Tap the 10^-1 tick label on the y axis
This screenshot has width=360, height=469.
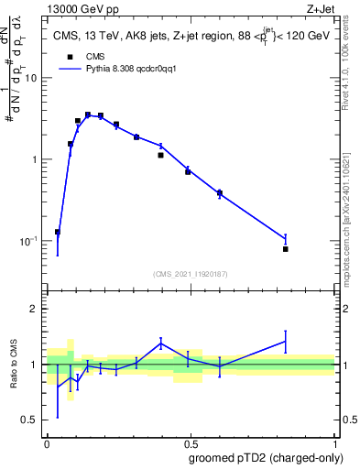click(x=31, y=241)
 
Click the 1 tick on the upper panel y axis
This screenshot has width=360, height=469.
click(x=38, y=159)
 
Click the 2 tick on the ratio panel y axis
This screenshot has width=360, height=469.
click(x=38, y=310)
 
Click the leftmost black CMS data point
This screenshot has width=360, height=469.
click(x=58, y=232)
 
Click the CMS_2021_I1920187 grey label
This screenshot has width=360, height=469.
click(x=191, y=273)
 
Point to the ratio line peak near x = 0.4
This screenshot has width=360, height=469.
click(x=161, y=343)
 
